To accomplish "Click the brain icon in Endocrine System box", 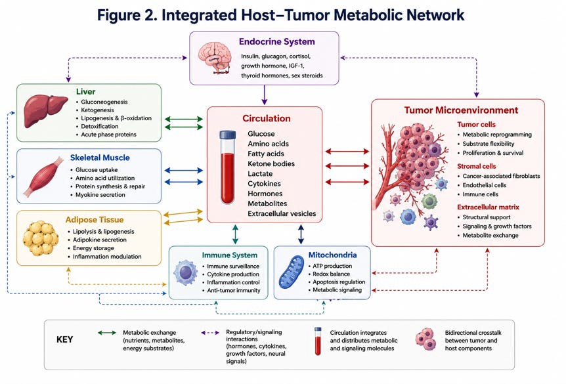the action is [x=215, y=58].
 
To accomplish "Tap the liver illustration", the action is [x=45, y=110].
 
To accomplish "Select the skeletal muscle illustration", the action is [x=44, y=177].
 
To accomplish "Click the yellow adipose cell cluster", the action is [x=41, y=238].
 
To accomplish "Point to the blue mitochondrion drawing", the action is [x=292, y=273].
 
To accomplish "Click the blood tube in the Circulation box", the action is [x=227, y=167].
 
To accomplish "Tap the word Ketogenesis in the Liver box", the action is [x=97, y=110].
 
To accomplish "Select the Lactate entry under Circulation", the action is [x=260, y=173].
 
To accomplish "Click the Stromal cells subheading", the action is [x=477, y=166].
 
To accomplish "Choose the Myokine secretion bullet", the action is [x=100, y=195].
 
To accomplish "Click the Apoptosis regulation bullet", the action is [x=339, y=282].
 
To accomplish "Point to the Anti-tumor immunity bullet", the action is [x=233, y=290].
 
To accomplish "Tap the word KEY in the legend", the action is [x=64, y=339].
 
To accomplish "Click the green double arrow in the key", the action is [x=107, y=333].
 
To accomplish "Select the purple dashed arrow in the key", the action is [x=210, y=333].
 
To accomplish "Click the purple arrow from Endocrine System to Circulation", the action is [x=265, y=95].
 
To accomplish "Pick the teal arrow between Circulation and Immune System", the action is [x=235, y=234].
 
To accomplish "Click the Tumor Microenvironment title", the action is [x=461, y=110].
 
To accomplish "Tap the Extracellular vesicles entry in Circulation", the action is [x=282, y=213].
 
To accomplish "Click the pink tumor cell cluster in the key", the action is [x=425, y=339].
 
